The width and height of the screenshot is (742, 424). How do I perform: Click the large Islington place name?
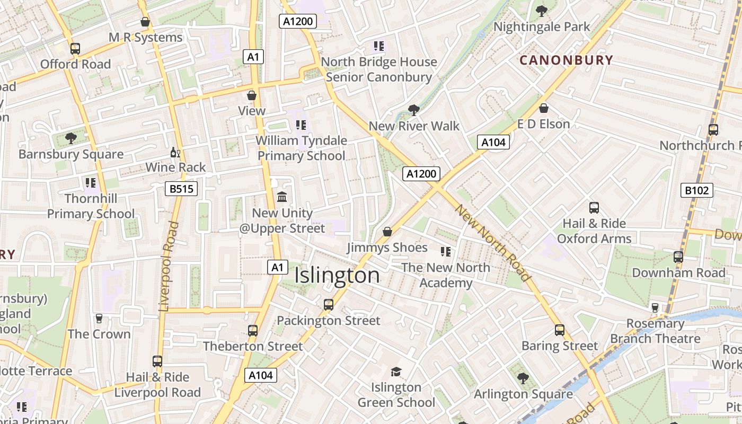pyautogui.click(x=337, y=276)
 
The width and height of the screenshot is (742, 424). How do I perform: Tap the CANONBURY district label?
pyautogui.click(x=566, y=60)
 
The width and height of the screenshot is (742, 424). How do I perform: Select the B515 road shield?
pyautogui.click(x=181, y=189)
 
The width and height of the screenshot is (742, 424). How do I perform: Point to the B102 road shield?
pyautogui.click(x=696, y=190)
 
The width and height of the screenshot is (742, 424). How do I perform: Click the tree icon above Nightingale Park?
pyautogui.click(x=541, y=11)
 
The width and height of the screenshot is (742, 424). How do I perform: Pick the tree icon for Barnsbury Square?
pyautogui.click(x=70, y=138)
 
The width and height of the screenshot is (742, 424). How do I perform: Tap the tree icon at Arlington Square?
pyautogui.click(x=523, y=378)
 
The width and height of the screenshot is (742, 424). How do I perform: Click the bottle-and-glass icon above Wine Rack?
pyautogui.click(x=175, y=153)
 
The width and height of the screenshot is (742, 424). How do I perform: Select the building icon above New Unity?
pyautogui.click(x=282, y=197)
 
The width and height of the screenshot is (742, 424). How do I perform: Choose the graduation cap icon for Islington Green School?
pyautogui.click(x=396, y=372)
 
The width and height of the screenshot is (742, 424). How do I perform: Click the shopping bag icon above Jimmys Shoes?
pyautogui.click(x=387, y=232)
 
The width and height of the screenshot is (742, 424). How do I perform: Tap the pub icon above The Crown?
pyautogui.click(x=99, y=318)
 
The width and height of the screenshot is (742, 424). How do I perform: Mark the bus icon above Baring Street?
pyautogui.click(x=560, y=330)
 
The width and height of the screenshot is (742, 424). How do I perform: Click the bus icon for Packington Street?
pyautogui.click(x=329, y=305)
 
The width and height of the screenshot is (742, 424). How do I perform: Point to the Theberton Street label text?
pyautogui.click(x=253, y=346)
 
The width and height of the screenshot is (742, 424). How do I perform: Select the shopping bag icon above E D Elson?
pyautogui.click(x=543, y=109)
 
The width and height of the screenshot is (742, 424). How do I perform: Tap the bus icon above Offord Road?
pyautogui.click(x=75, y=49)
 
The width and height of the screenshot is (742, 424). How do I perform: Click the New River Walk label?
pyautogui.click(x=414, y=126)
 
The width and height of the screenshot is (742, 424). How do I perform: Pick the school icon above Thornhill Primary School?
pyautogui.click(x=91, y=183)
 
